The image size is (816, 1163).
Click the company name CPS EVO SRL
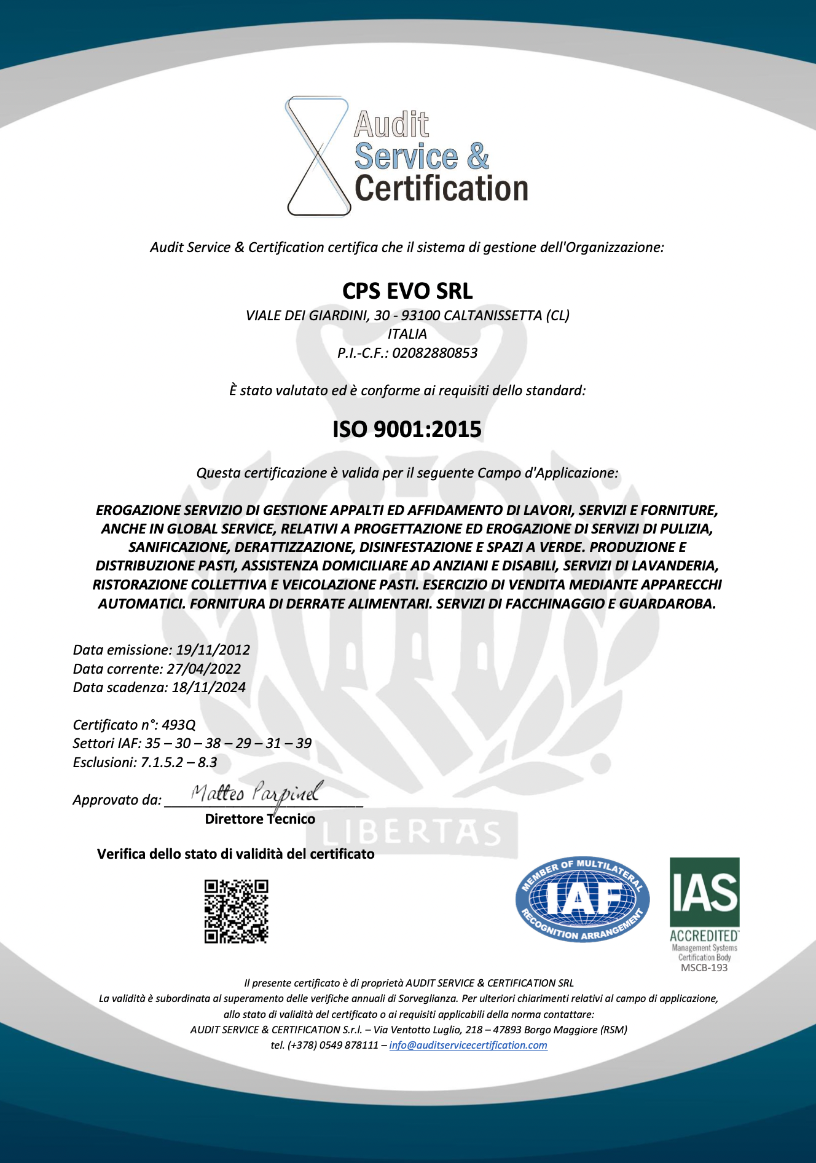click(407, 291)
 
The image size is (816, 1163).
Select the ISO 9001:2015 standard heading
click(407, 429)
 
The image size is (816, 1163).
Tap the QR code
click(236, 911)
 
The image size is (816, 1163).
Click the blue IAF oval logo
click(582, 900)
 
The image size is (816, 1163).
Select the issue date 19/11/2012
click(213, 650)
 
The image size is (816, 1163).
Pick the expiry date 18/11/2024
click(208, 687)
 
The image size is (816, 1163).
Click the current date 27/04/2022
click(203, 669)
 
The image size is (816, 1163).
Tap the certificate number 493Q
click(178, 725)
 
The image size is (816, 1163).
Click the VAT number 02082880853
click(434, 353)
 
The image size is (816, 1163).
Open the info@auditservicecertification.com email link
click(468, 1045)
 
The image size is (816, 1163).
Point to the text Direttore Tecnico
click(260, 819)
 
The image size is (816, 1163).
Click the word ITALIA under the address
click(407, 334)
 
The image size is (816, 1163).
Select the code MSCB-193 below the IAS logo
click(704, 968)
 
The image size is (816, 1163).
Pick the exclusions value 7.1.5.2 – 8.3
click(179, 762)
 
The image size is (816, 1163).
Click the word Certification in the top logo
click(441, 189)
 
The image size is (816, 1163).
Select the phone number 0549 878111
click(348, 1045)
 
